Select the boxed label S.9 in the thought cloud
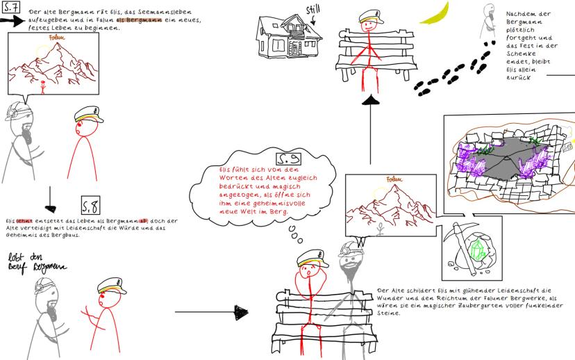pyautogui.click(x=287, y=159)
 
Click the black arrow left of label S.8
pyautogui.click(x=50, y=204)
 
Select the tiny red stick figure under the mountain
pyautogui.click(x=43, y=86)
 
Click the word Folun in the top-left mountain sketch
pyautogui.click(x=48, y=48)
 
